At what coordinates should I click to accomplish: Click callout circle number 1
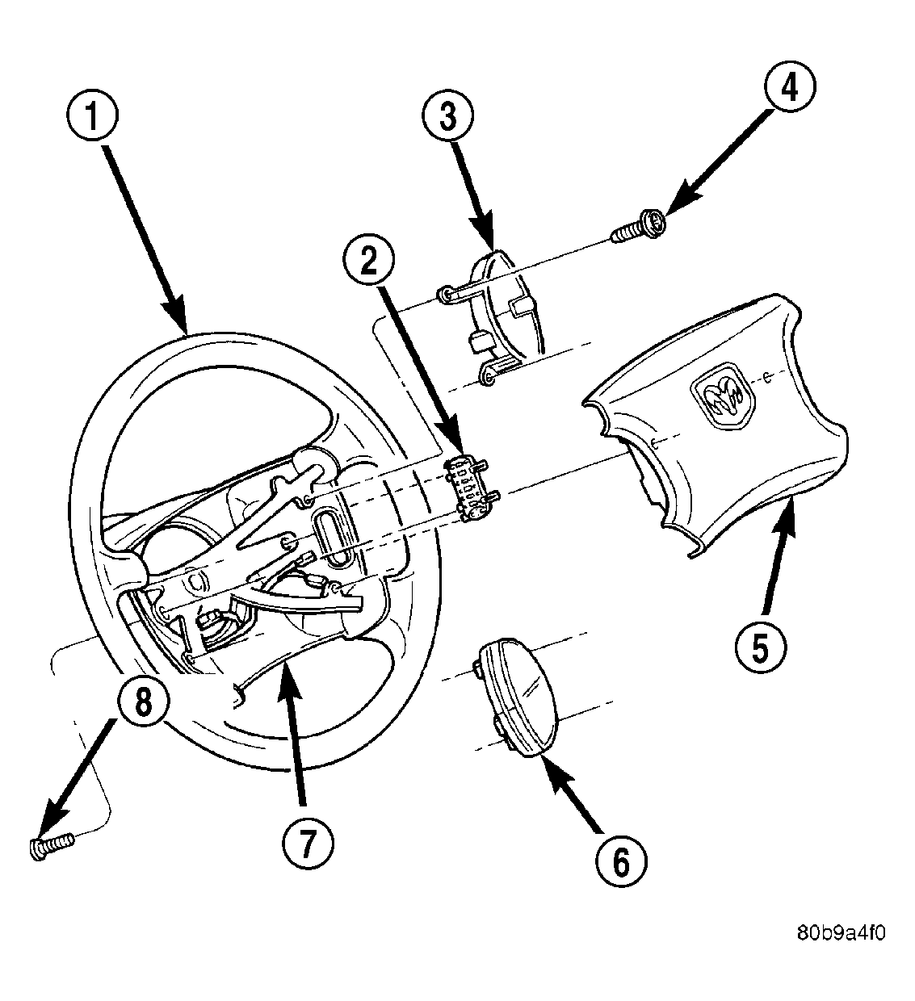tap(94, 119)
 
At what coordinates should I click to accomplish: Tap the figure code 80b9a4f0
tap(841, 933)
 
